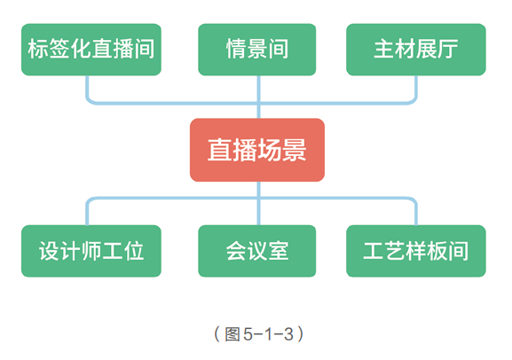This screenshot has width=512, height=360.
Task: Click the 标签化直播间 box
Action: coord(91,49)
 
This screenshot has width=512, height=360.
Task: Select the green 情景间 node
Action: coord(257,49)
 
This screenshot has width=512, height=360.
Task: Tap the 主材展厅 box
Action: coord(415,49)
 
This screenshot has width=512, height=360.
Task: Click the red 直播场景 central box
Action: coord(257,149)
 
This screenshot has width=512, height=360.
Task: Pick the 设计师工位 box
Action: coord(91,251)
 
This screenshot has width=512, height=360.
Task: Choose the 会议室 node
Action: coord(257,251)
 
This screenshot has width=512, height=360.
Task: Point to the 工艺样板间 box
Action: coord(415,251)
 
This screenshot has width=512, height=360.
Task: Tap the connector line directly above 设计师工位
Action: coord(87,213)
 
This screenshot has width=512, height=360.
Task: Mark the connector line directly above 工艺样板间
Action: coord(415,213)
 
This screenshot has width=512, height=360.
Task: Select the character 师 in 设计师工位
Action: coord(91,251)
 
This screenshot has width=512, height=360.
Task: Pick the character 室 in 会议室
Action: coord(279,251)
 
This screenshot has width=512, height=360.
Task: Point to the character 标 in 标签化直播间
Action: coord(38,49)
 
